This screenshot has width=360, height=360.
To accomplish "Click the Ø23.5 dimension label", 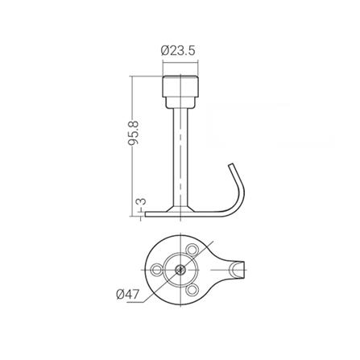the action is (x=178, y=51).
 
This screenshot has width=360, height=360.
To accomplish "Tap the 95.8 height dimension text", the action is (x=134, y=133).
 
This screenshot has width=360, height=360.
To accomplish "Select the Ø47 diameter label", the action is (x=128, y=295).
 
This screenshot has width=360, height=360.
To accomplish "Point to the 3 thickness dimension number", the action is (x=142, y=201).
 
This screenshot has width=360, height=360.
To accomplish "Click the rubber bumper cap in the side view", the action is (x=180, y=86).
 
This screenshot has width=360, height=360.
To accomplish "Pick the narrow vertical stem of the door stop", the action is (x=180, y=158).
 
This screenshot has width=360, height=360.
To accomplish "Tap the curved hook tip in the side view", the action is (x=231, y=165).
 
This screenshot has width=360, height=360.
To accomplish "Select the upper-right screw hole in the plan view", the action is (x=192, y=250).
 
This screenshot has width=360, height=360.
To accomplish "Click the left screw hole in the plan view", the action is (x=156, y=270).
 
